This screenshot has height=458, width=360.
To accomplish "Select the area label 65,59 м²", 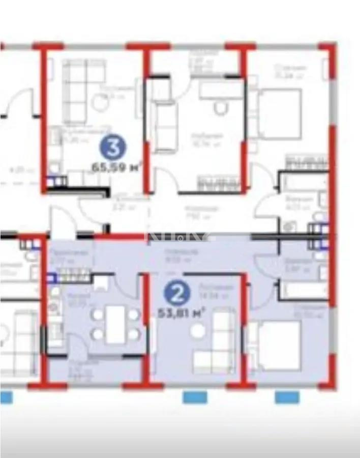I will coord(116,166).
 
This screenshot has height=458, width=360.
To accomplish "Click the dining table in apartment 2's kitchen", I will coord(115,324).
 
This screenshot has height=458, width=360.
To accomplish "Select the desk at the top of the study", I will coord(220,90).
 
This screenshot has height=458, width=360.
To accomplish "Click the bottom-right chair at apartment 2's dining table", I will coord(134,334).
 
